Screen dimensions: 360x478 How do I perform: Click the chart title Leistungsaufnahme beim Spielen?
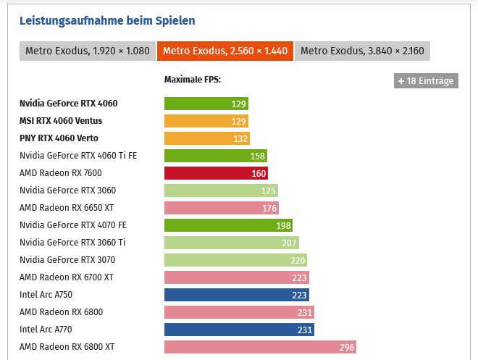[106, 20]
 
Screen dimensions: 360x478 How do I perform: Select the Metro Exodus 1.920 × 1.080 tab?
[87, 51]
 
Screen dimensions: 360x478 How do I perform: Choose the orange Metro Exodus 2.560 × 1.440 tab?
[225, 51]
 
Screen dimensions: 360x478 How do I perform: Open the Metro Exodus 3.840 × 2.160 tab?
[362, 51]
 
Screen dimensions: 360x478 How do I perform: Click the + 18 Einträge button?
[426, 80]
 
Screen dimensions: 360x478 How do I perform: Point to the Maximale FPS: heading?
[193, 80]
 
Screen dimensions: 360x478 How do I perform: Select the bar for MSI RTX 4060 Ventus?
[206, 121]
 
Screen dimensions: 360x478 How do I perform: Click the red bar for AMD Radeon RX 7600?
[216, 173]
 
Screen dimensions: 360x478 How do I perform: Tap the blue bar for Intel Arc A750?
[237, 295]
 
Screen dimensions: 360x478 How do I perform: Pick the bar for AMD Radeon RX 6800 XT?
[260, 347]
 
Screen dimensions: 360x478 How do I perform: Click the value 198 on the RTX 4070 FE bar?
[282, 225]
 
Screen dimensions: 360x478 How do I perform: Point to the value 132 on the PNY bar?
[240, 138]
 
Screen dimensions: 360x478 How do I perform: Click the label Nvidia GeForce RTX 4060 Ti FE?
[78, 156]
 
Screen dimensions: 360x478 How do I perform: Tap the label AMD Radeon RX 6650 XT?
[67, 208]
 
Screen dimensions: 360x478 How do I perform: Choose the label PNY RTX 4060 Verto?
[59, 138]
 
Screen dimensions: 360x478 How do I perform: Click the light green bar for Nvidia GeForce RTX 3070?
[235, 260]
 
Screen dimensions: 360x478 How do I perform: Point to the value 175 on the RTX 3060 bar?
[268, 191]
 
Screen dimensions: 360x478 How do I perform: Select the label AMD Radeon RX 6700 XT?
[67, 277]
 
